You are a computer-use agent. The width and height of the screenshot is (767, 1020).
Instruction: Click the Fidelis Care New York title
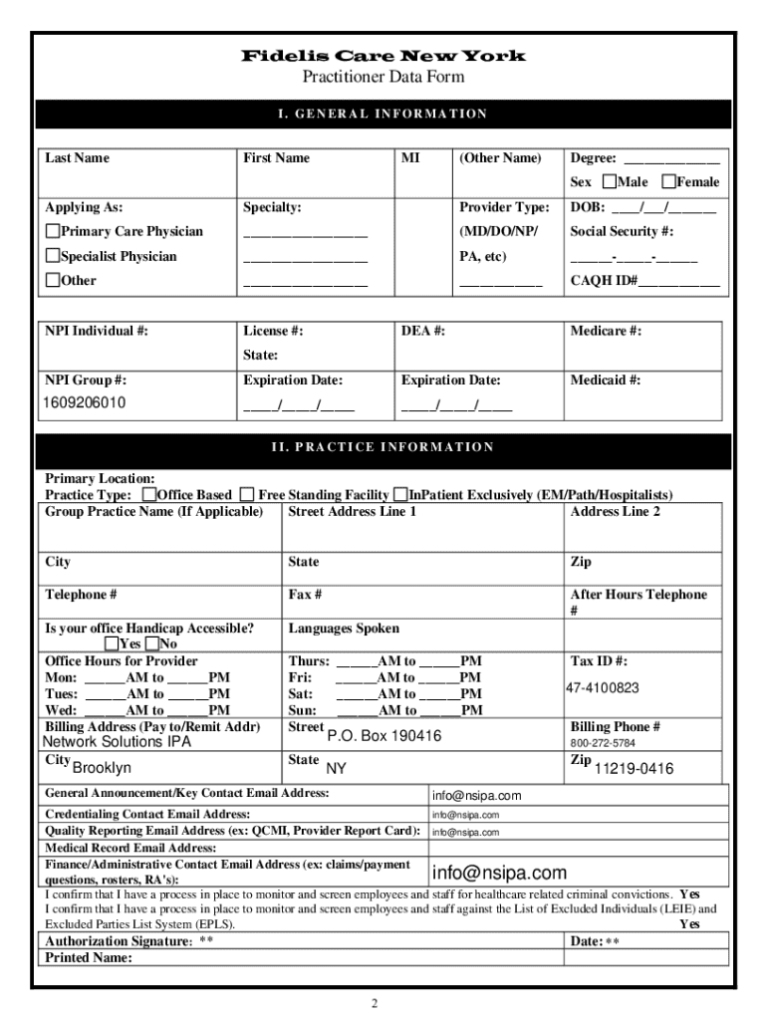383,56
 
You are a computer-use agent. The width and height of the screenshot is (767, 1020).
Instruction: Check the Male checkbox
610,181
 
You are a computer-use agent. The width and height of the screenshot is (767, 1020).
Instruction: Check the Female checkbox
669,181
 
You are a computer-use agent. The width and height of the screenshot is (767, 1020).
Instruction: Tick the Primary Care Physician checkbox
53,232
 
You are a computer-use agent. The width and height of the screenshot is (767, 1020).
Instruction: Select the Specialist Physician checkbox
53,256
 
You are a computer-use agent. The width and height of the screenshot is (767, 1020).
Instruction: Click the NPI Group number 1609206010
84,403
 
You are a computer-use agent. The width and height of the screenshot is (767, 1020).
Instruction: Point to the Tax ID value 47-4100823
603,688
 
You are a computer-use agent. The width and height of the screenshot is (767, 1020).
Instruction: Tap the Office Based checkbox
149,495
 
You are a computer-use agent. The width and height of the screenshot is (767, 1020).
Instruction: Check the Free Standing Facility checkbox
249,495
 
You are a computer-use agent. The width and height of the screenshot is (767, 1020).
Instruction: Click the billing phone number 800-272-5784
603,743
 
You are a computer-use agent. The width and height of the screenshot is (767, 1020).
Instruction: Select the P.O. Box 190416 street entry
383,736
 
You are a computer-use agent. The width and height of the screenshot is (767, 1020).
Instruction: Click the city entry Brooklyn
102,768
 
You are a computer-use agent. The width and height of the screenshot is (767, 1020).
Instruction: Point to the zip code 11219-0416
634,768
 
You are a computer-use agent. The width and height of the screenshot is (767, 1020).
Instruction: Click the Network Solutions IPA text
117,742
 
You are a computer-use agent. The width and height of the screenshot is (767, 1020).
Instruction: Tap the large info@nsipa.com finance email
498,874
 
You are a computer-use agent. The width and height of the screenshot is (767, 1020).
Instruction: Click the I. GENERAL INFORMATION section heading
383,114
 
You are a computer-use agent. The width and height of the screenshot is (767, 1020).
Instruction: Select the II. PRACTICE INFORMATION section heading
383,446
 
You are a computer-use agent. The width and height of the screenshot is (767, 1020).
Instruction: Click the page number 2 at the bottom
375,1002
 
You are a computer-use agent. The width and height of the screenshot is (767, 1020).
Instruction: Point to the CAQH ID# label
603,281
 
